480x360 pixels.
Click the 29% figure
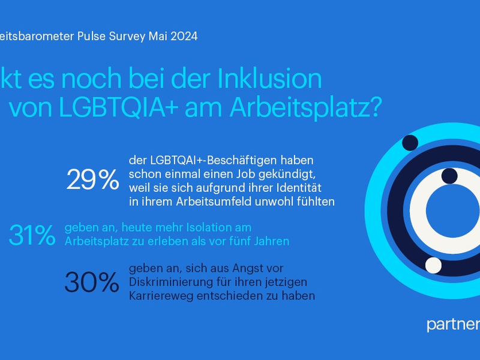(92, 179)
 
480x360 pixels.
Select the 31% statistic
(32, 235)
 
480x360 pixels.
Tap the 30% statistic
(91, 282)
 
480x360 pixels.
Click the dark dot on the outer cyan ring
(410, 142)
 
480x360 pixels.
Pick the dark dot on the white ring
(449, 176)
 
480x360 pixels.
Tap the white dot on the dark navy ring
(433, 265)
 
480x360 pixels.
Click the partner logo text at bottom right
(453, 325)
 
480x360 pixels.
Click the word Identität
(307, 188)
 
